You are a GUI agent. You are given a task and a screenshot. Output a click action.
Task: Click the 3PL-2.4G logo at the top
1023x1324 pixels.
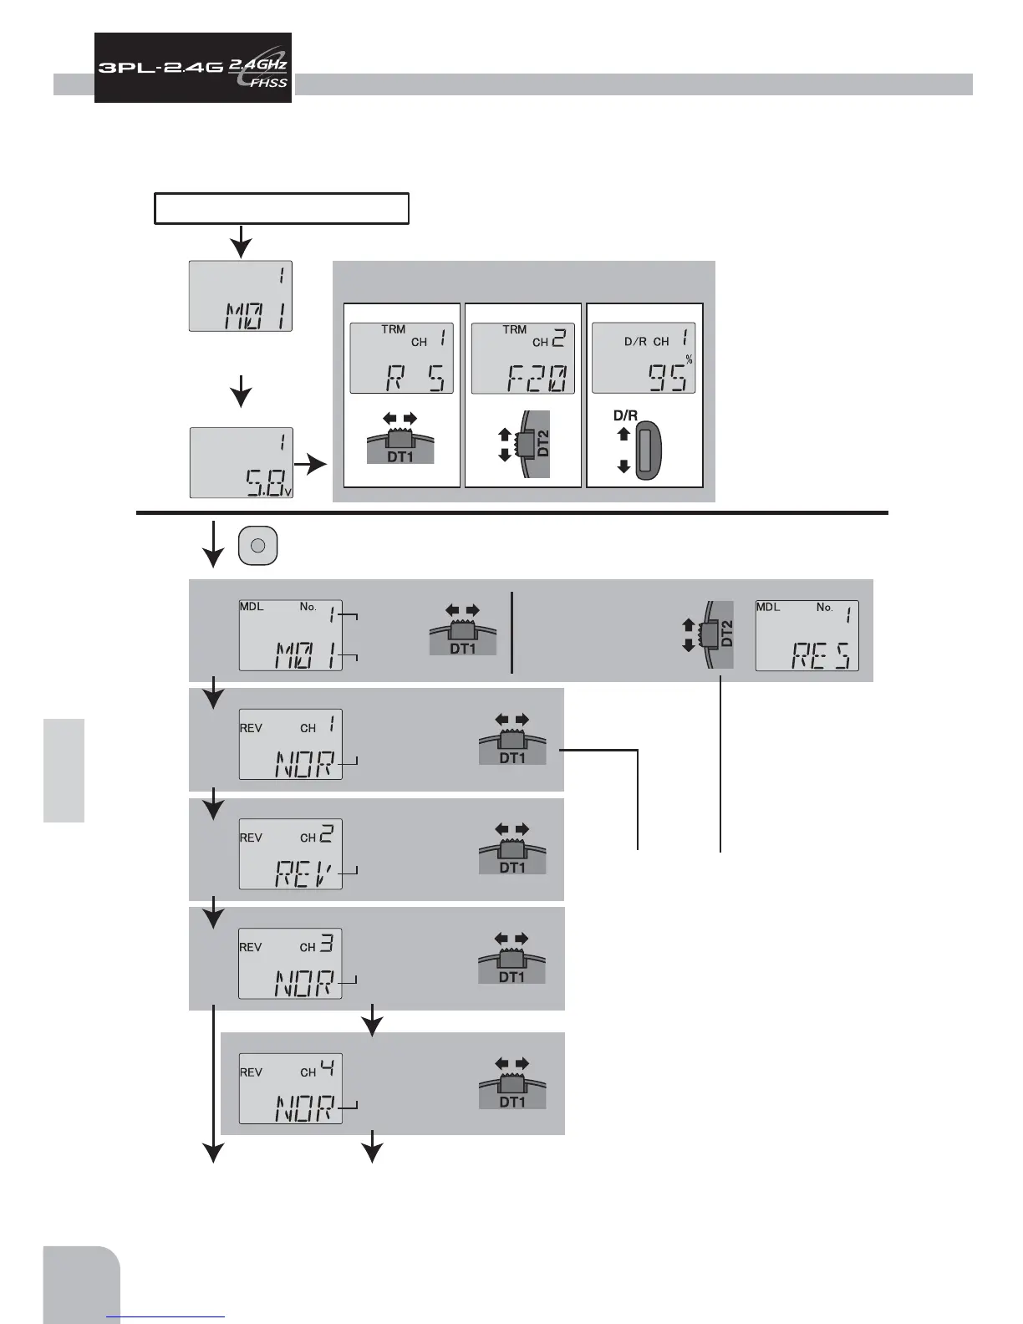click(192, 68)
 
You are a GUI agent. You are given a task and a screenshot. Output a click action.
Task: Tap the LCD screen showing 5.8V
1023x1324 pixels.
click(241, 462)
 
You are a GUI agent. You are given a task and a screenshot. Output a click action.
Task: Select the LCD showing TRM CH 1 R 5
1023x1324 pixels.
click(401, 358)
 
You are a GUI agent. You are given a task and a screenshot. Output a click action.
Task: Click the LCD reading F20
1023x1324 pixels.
click(523, 358)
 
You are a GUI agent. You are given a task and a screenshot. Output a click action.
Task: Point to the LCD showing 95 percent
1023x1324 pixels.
click(644, 358)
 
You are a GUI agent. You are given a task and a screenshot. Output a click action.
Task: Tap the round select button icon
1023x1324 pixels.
click(258, 545)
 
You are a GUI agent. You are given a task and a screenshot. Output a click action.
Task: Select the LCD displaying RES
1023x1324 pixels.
click(807, 635)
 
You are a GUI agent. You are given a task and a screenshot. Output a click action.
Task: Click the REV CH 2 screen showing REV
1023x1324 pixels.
click(290, 853)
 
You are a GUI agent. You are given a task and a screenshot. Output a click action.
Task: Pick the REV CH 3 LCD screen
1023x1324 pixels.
click(290, 963)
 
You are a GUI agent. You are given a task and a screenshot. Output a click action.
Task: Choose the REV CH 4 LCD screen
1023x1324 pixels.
click(290, 1088)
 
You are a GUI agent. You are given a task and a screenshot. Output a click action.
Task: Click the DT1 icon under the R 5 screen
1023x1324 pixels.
click(400, 439)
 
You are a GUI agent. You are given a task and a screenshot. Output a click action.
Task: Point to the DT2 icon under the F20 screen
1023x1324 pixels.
click(527, 444)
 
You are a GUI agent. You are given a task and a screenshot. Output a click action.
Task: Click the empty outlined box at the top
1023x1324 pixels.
click(282, 208)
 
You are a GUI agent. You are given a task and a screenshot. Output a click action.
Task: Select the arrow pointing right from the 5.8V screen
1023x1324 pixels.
click(315, 465)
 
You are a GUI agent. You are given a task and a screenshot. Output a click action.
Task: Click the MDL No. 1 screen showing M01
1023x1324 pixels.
click(290, 635)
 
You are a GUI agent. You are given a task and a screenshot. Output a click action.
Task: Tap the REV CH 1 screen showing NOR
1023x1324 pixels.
click(290, 744)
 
